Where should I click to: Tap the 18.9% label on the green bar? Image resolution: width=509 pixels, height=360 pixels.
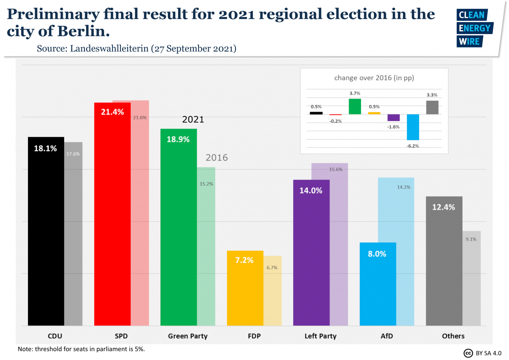click(x=178, y=139)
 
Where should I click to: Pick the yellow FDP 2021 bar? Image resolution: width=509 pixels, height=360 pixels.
click(x=245, y=293)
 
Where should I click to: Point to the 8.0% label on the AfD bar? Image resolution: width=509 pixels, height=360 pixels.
click(x=377, y=254)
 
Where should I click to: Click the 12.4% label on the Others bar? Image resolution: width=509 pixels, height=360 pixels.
click(x=444, y=207)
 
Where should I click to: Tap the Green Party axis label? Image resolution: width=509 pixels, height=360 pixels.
click(x=187, y=336)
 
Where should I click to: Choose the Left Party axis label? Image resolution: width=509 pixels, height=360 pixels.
click(x=320, y=336)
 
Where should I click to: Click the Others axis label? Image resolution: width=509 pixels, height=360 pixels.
click(x=453, y=336)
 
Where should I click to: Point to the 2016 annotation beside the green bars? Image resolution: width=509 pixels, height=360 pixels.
click(x=217, y=158)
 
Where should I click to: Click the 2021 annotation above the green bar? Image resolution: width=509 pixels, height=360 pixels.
click(x=193, y=120)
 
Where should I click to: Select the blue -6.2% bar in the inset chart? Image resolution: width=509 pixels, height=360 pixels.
click(x=413, y=127)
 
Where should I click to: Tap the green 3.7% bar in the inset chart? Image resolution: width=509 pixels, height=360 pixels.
click(x=355, y=107)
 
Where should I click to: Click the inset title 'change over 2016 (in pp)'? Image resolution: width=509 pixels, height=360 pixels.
click(x=374, y=78)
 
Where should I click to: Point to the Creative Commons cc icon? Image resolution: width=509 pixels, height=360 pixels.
click(x=468, y=353)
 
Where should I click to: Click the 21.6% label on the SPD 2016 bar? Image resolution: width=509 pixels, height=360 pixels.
click(x=140, y=118)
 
